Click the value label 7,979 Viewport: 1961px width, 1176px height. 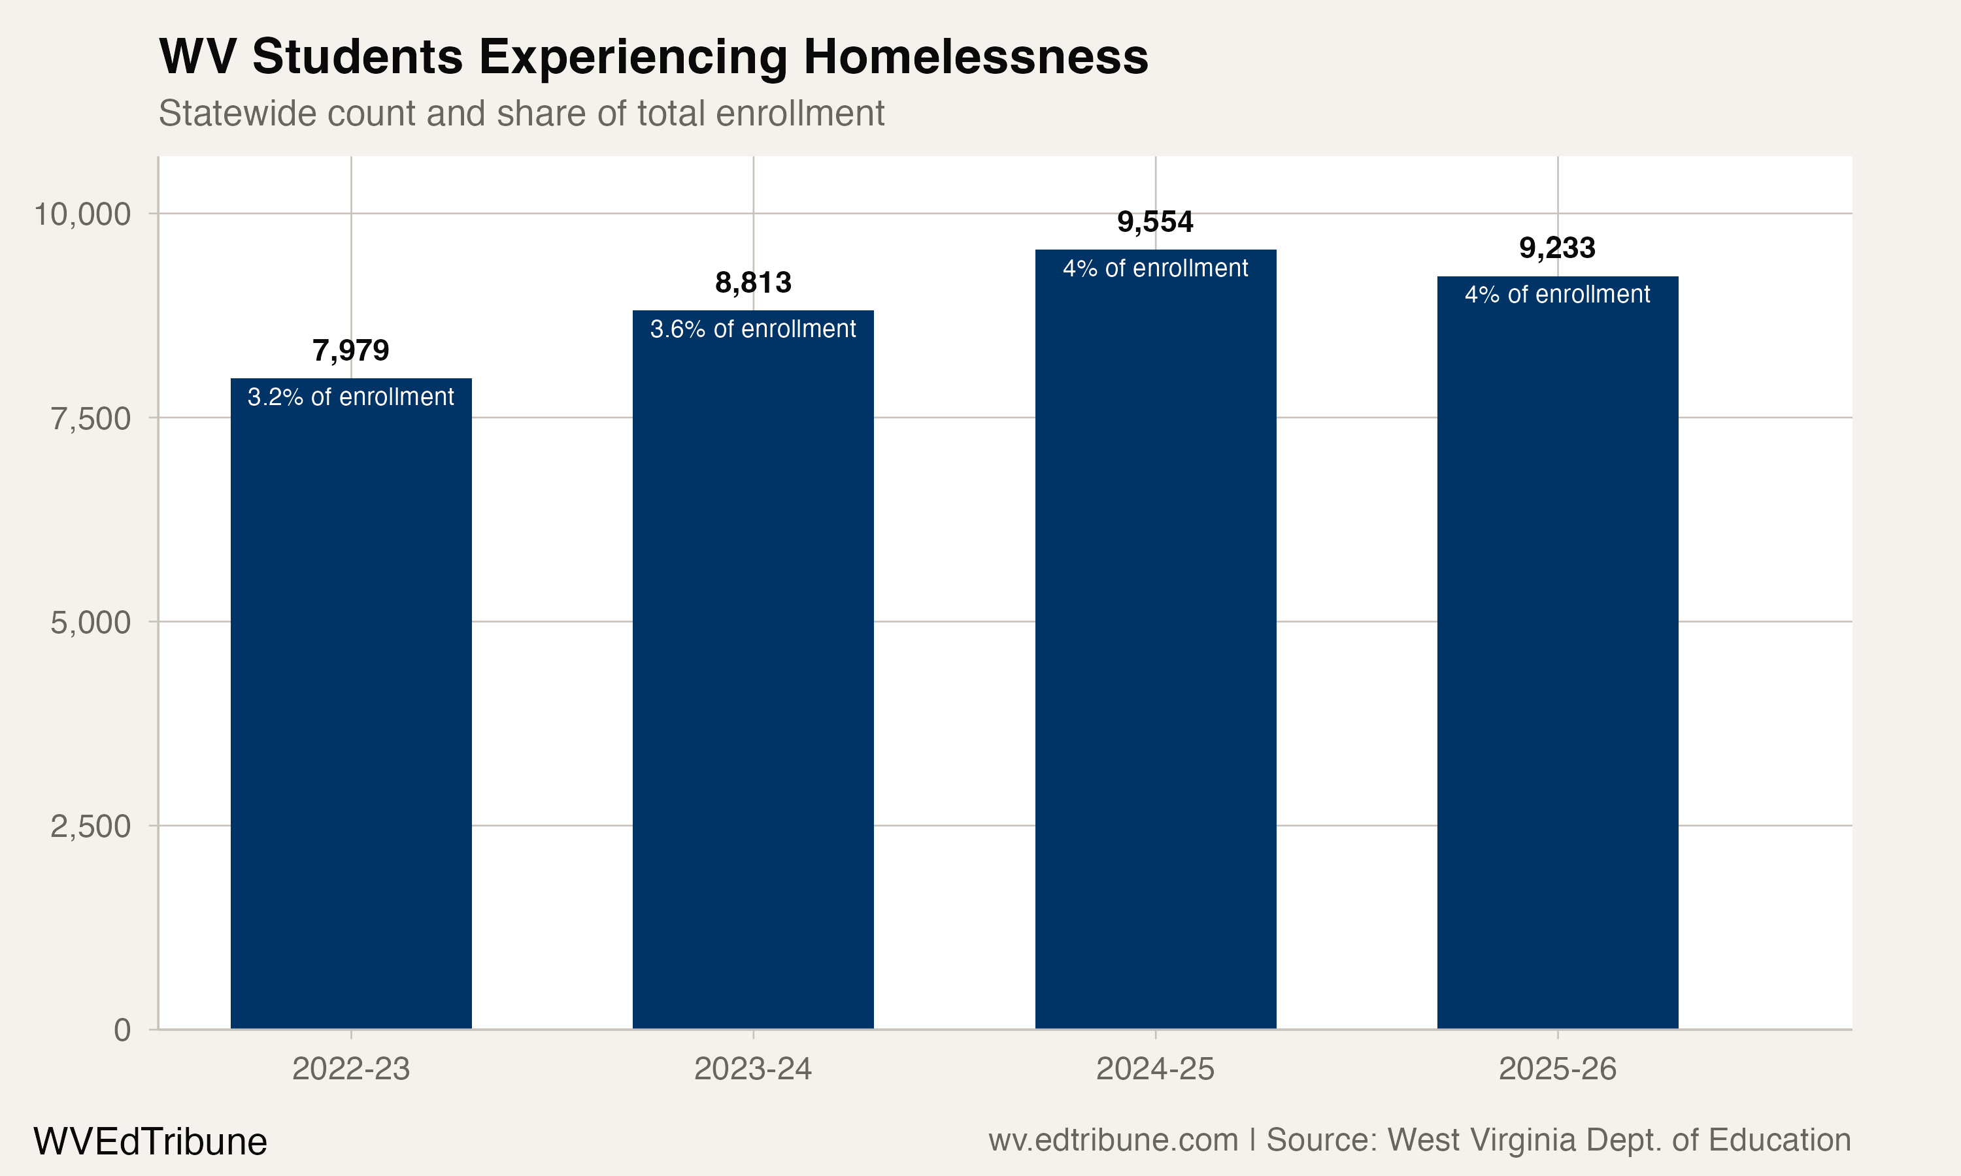click(350, 350)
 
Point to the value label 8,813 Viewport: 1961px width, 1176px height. click(752, 282)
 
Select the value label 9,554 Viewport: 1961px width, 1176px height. click(1155, 222)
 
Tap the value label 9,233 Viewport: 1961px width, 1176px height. click(1557, 248)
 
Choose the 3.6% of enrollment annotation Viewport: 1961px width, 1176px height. click(752, 329)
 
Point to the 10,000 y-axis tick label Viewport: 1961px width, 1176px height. click(82, 214)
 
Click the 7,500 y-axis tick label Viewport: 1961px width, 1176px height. click(90, 418)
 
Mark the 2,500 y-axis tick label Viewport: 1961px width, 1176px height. click(90, 826)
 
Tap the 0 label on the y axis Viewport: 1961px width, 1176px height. click(122, 1030)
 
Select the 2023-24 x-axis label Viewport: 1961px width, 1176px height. click(752, 1069)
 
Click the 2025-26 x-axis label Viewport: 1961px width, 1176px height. click(1557, 1069)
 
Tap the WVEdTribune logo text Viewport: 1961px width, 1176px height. click(150, 1142)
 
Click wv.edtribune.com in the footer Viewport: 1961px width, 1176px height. click(1113, 1140)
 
